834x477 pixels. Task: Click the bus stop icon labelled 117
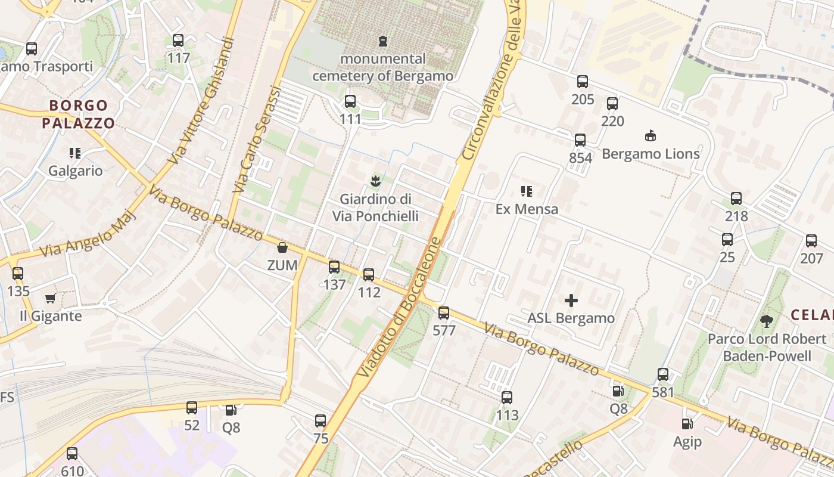[178, 41]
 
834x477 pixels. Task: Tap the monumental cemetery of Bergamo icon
[382, 41]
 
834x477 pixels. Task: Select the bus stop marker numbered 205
[583, 82]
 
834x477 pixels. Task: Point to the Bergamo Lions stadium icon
[651, 136]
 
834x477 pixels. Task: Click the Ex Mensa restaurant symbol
[527, 191]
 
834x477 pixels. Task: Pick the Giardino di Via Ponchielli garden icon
[375, 181]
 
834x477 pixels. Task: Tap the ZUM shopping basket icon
[282, 247]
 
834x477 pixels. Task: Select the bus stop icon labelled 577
[444, 313]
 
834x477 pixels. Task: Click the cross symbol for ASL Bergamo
[571, 301]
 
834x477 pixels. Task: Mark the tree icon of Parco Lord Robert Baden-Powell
[767, 321]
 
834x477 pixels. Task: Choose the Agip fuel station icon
[687, 424]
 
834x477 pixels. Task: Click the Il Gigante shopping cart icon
[51, 298]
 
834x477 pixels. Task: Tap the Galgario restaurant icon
[75, 153]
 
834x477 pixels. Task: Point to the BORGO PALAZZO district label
[79, 114]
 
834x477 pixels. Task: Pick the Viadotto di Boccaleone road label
[400, 308]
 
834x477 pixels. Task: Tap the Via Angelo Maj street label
[88, 233]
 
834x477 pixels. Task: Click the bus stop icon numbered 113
[507, 398]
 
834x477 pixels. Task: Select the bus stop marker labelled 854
[580, 140]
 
